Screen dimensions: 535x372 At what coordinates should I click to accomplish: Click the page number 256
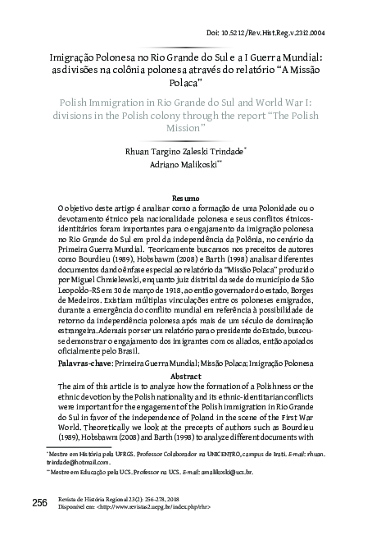coord(39,501)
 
